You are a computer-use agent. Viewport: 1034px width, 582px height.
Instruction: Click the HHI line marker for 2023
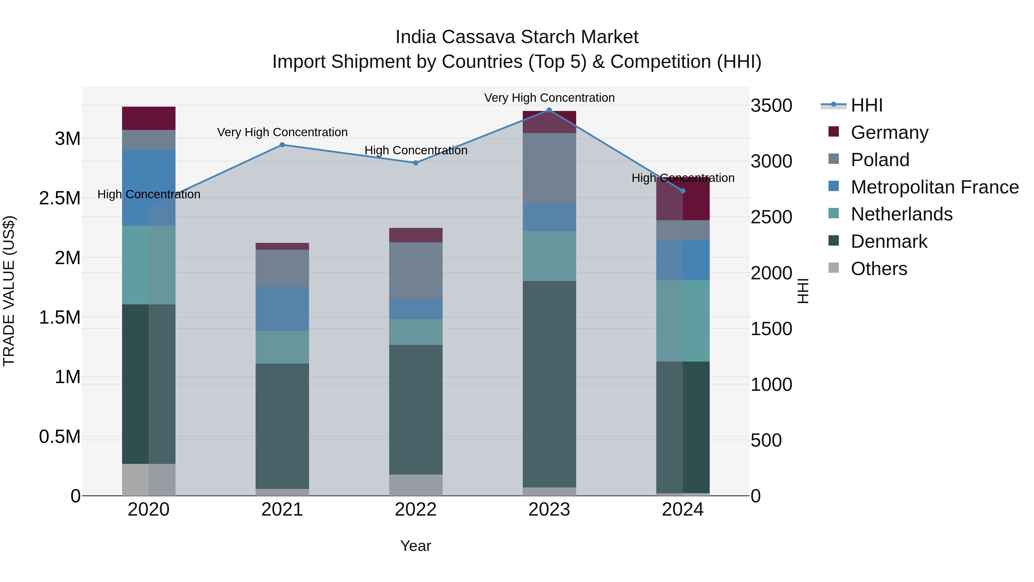click(549, 110)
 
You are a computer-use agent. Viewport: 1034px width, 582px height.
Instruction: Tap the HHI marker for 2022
click(416, 163)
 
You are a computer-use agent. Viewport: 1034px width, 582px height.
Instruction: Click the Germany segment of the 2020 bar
click(148, 118)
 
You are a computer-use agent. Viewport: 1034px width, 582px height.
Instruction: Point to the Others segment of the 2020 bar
click(148, 480)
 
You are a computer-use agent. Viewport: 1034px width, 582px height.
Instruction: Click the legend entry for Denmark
click(889, 241)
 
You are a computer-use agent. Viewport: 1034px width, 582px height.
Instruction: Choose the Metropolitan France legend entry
click(934, 187)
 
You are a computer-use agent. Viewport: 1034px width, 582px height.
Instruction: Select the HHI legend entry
click(866, 105)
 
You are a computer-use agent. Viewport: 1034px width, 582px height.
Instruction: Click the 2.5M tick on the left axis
click(59, 198)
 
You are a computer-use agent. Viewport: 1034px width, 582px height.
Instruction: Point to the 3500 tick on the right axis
click(771, 106)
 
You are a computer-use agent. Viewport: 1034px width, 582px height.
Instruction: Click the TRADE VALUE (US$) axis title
click(9, 291)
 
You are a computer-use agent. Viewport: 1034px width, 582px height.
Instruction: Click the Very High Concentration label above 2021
click(282, 132)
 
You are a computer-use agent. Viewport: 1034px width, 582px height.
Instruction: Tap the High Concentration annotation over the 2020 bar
click(148, 194)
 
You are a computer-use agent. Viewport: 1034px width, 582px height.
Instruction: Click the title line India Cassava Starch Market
click(517, 37)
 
